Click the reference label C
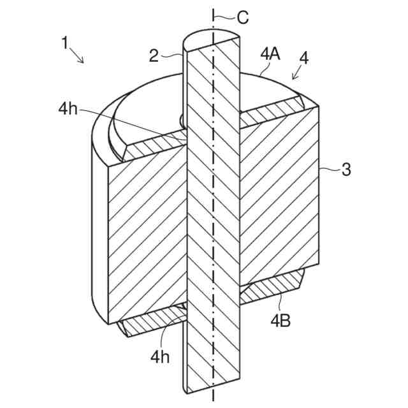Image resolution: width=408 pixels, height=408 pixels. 242,18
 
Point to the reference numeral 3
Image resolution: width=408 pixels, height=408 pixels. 346,170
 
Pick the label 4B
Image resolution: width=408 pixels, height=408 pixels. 280,320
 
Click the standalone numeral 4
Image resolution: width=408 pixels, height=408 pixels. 303,58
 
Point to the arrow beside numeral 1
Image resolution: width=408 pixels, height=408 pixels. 78,57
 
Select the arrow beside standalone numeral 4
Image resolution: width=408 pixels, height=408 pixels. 296,75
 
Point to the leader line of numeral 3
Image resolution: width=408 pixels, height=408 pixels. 328,170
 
